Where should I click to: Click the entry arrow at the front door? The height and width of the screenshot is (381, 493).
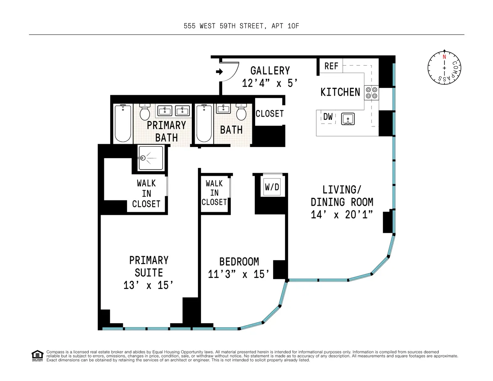(219, 72)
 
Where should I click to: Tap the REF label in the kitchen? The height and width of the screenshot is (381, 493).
(331, 66)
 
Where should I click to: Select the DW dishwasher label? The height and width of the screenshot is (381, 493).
(328, 117)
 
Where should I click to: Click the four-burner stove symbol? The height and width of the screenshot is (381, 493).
(372, 93)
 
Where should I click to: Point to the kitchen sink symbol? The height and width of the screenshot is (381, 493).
(348, 119)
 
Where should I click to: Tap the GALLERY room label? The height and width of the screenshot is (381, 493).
(270, 71)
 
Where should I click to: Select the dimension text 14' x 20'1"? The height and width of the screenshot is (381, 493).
(342, 214)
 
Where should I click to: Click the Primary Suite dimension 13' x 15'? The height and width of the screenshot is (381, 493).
(149, 285)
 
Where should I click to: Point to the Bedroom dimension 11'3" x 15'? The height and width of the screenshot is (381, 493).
(239, 274)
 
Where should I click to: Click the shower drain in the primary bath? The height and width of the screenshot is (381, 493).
(143, 158)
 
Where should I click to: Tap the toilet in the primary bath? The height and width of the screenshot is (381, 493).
(145, 112)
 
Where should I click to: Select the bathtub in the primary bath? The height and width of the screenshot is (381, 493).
(122, 123)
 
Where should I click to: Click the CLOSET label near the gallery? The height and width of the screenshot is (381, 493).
(270, 113)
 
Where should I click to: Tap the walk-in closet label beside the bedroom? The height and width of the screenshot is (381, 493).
(214, 193)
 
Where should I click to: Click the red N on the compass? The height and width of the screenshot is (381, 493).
(444, 57)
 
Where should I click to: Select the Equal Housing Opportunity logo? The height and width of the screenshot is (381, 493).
(37, 355)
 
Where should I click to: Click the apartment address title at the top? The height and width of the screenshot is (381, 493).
(244, 26)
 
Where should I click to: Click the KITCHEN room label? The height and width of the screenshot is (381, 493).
(340, 92)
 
